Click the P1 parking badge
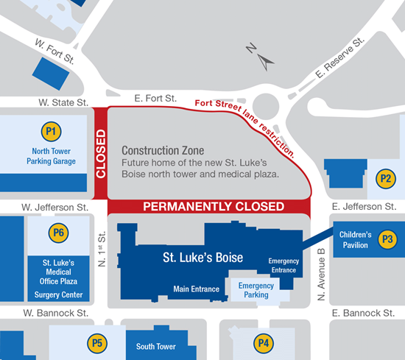point(52,133)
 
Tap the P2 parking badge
point(384,177)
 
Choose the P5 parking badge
point(95,342)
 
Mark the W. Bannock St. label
point(54,313)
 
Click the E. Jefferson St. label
point(364,208)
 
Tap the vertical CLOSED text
point(101,155)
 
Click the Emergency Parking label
point(256,290)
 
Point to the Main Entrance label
point(196,289)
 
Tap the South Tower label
point(156,346)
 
